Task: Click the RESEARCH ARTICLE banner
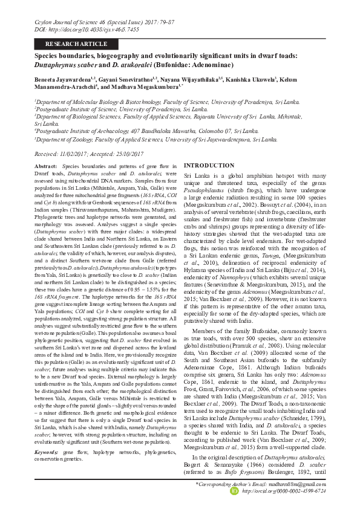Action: [72, 44]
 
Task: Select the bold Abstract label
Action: [45, 166]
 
